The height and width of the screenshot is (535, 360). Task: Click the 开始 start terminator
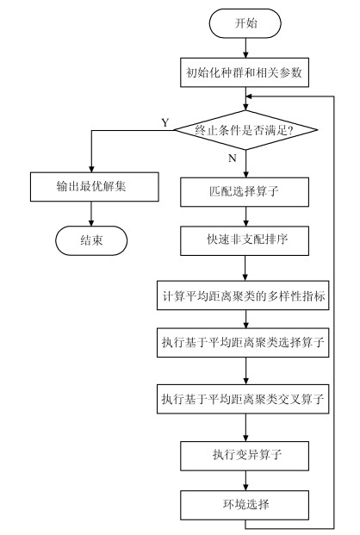pos(245,23)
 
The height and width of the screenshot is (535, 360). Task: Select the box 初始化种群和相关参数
pos(245,72)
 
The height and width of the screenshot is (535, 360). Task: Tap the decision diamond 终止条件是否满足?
pos(245,130)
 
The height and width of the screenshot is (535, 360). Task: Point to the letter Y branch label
pos(165,122)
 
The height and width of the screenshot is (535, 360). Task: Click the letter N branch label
pos(232,159)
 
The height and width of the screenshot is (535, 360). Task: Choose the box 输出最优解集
pos(95,187)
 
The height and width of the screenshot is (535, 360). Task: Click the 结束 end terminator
pos(91,240)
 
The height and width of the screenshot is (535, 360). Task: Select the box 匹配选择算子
pos(245,192)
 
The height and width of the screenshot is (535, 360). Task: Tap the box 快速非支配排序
pos(245,240)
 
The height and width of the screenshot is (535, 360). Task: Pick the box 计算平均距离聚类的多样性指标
pos(243,295)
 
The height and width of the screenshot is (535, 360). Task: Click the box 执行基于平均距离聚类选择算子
pos(243,343)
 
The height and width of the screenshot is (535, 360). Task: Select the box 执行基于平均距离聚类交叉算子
pos(243,399)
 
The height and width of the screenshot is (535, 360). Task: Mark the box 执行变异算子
pos(245,456)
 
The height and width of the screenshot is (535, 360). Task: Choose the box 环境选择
pos(245,505)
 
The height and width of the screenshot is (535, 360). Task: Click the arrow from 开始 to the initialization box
pos(245,47)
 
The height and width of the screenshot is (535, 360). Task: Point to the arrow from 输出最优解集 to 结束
pos(91,214)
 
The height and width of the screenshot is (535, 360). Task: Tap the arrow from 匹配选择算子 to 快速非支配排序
pos(245,216)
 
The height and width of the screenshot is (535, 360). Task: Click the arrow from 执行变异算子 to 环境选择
pos(245,481)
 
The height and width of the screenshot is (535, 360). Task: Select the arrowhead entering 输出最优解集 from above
pos(91,169)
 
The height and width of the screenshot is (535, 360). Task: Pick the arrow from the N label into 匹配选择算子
pos(245,164)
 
